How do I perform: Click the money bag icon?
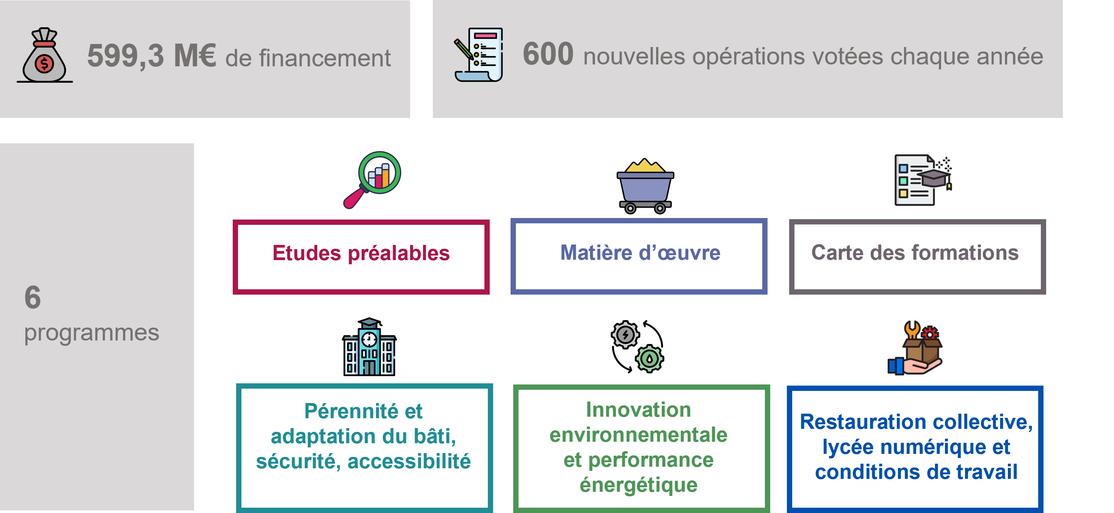point(45,56)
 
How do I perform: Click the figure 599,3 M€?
point(151,56)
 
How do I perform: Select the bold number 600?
point(548,55)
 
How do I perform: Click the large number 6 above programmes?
point(33,298)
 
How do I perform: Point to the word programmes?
point(91,333)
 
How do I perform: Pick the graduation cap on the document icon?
point(934,177)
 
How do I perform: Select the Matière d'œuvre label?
point(640,253)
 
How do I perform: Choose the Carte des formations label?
point(915,253)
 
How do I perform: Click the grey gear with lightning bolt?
point(625,334)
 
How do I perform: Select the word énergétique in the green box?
point(638,485)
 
